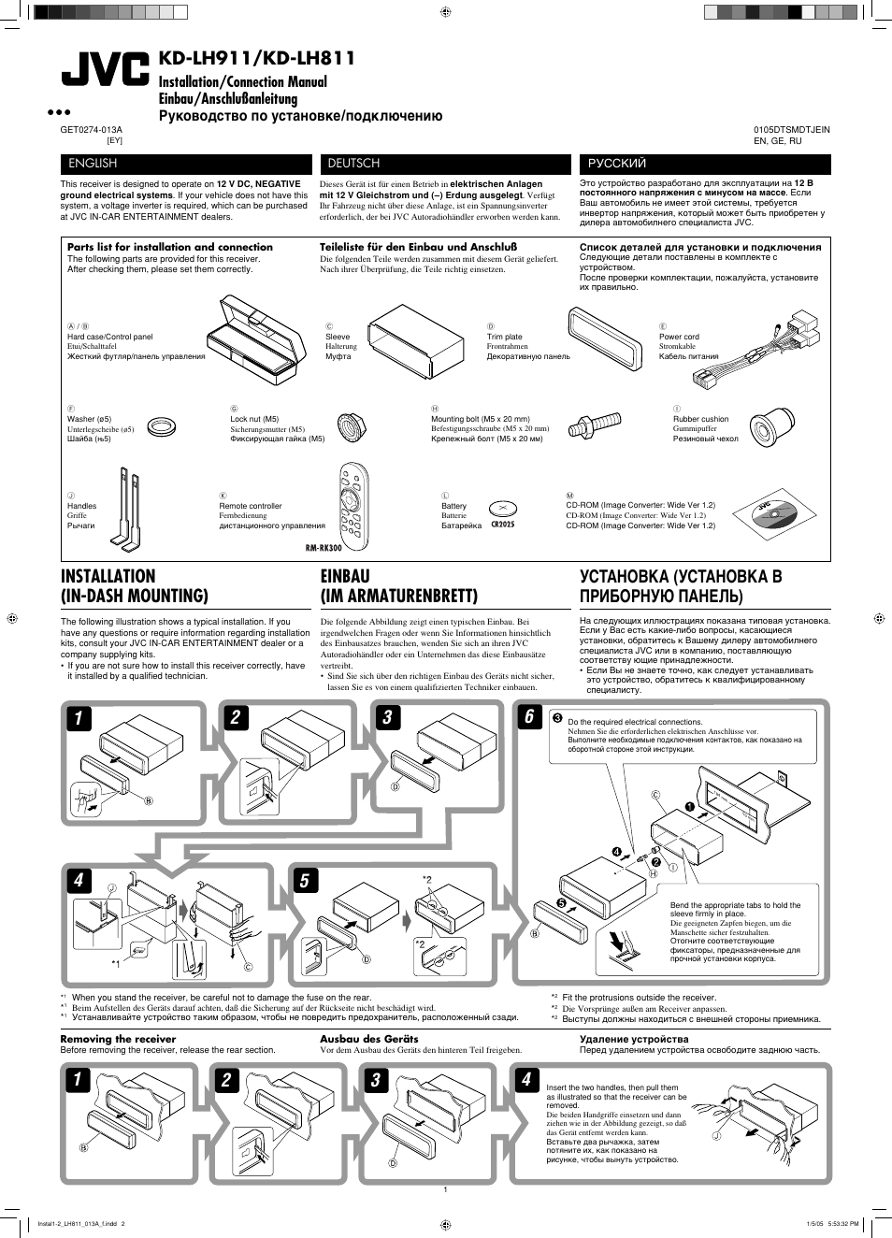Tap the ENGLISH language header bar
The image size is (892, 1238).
point(184,164)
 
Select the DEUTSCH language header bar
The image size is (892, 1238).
point(444,164)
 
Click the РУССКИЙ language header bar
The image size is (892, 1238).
point(704,164)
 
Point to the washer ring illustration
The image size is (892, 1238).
point(162,427)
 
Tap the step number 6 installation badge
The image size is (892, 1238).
point(529,716)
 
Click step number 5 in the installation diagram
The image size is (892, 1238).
point(304,880)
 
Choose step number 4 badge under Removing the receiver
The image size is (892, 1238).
point(525,1079)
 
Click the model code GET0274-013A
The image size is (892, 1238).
point(91,130)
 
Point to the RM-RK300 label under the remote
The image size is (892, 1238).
point(323,548)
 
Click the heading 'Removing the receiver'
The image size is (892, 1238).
point(118,1039)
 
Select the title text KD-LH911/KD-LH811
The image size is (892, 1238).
point(257,58)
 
